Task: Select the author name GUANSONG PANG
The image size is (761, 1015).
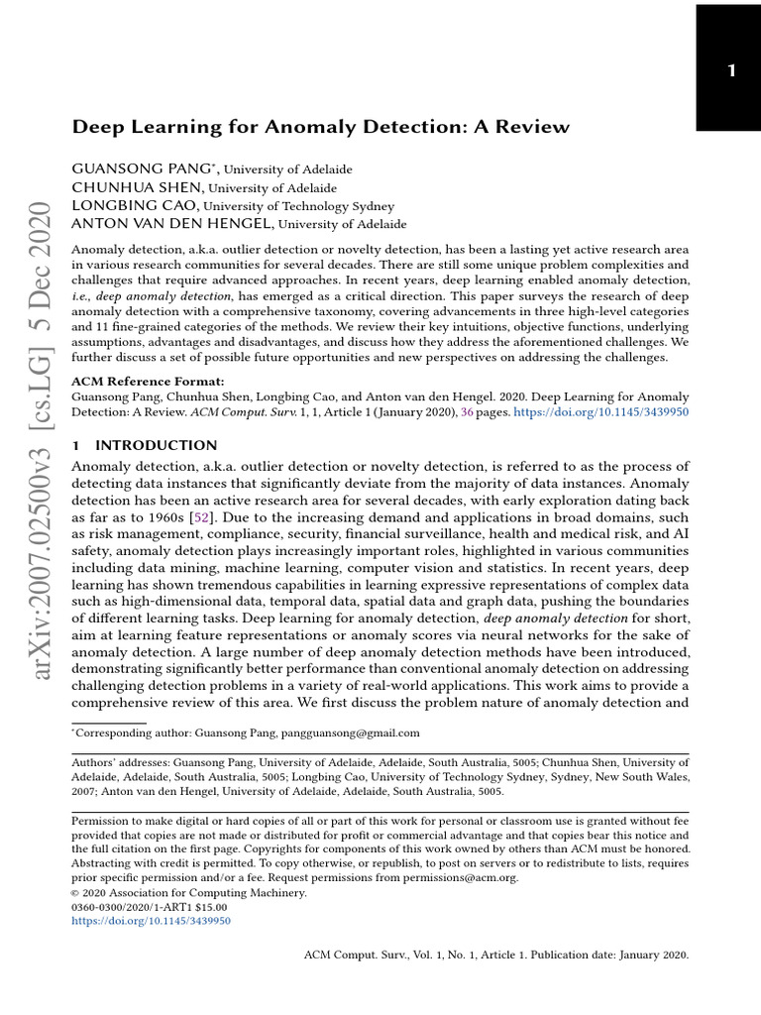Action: [132, 169]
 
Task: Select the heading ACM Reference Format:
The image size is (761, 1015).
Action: [148, 381]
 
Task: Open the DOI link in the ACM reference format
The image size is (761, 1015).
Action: [598, 411]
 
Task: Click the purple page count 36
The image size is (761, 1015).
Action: [468, 411]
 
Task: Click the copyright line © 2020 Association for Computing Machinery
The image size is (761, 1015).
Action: [190, 892]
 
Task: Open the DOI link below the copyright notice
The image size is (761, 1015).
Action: [152, 921]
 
